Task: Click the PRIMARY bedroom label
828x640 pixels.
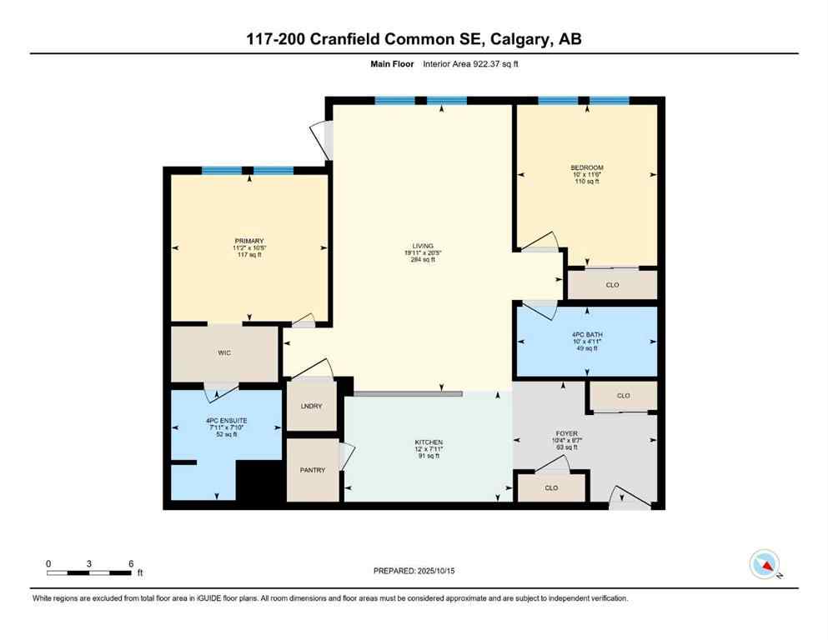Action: click(x=248, y=241)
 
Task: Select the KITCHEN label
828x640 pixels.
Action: click(x=429, y=442)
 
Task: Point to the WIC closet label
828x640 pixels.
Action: click(x=223, y=353)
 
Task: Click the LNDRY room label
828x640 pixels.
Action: click(x=311, y=406)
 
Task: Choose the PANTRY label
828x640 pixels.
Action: click(x=312, y=470)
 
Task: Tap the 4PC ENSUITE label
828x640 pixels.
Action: click(x=227, y=420)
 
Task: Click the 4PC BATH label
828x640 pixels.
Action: click(x=587, y=333)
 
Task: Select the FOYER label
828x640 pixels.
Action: click(x=567, y=433)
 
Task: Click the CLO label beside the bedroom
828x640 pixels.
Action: click(x=612, y=285)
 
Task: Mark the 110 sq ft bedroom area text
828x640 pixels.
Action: click(x=587, y=181)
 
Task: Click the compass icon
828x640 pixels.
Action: click(x=764, y=565)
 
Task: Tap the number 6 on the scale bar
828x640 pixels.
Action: click(x=131, y=563)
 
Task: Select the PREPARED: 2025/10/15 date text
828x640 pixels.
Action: click(x=414, y=571)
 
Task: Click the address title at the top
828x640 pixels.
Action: click(x=414, y=40)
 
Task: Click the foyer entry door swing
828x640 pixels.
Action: click(x=627, y=498)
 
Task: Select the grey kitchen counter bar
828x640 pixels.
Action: click(x=408, y=393)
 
